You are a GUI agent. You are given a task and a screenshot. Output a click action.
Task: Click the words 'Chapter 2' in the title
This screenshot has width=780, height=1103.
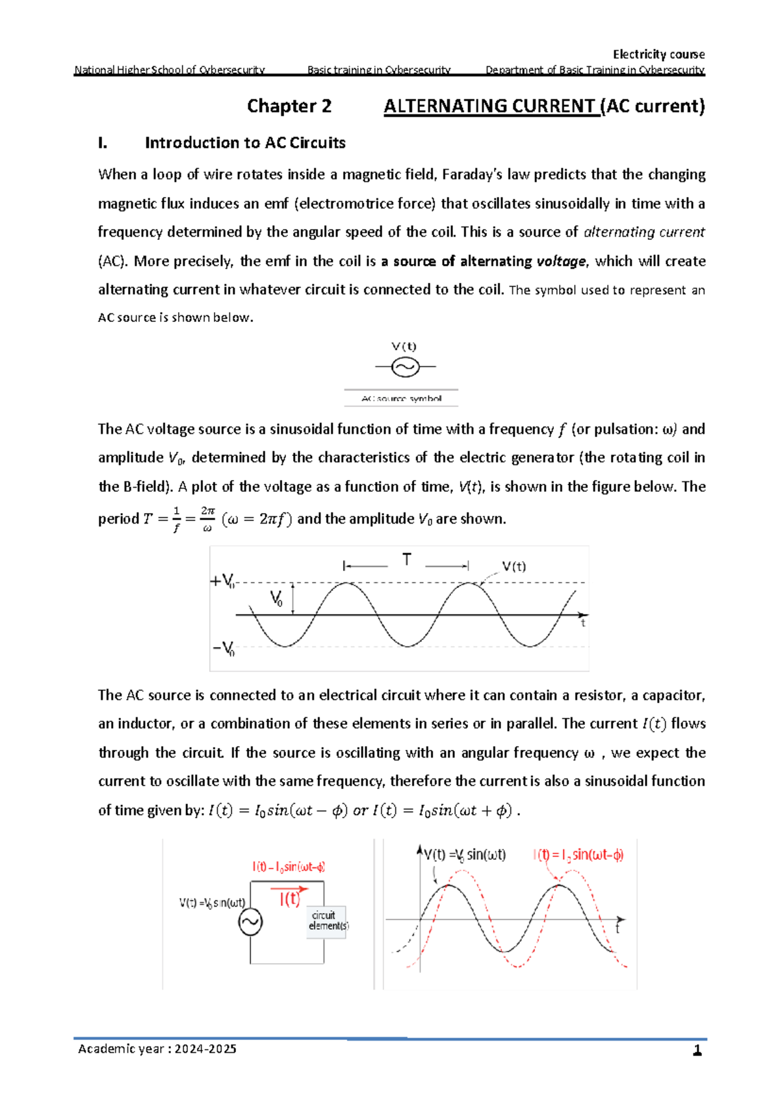coord(289,106)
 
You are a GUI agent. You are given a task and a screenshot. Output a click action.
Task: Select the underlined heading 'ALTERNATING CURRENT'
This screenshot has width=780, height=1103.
coord(489,106)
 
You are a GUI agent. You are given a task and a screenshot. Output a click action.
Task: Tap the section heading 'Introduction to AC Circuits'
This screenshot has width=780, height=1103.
coord(245,143)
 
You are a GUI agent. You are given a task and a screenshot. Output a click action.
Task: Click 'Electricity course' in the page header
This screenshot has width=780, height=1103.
coord(658,54)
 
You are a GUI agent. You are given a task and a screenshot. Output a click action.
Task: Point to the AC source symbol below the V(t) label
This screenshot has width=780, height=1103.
coord(405,367)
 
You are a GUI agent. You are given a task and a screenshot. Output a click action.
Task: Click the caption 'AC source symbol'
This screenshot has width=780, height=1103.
coord(401,399)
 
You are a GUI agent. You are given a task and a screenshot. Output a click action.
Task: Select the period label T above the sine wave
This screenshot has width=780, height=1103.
coord(406,559)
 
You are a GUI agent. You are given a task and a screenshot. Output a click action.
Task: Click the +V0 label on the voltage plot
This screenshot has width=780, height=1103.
coord(222,581)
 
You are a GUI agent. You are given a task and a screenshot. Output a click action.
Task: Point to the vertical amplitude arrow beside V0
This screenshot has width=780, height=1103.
coord(293,598)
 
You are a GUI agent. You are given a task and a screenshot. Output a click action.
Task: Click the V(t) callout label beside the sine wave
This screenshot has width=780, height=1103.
coord(513,566)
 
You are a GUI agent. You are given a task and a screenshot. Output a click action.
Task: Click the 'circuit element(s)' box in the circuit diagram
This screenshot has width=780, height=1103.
coord(328,921)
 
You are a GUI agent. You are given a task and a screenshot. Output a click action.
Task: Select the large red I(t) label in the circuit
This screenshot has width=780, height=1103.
coord(289,899)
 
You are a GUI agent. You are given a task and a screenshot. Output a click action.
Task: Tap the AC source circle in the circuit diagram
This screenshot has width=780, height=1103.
coord(250,922)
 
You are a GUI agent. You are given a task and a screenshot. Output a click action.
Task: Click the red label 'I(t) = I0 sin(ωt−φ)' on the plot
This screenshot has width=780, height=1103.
coord(578,855)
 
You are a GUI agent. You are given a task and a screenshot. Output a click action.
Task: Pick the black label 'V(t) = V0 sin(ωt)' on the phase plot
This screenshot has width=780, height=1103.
coord(465,855)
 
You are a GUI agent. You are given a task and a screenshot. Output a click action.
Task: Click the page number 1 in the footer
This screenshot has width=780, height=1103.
coord(697,1050)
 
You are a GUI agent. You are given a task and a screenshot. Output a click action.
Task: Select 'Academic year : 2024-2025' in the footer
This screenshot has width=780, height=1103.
coord(157,1049)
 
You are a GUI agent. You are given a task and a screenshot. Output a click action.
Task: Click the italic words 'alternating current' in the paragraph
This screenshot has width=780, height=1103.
coord(643,232)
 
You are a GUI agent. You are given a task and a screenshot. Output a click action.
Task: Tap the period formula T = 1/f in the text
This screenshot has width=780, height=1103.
coord(162,520)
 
